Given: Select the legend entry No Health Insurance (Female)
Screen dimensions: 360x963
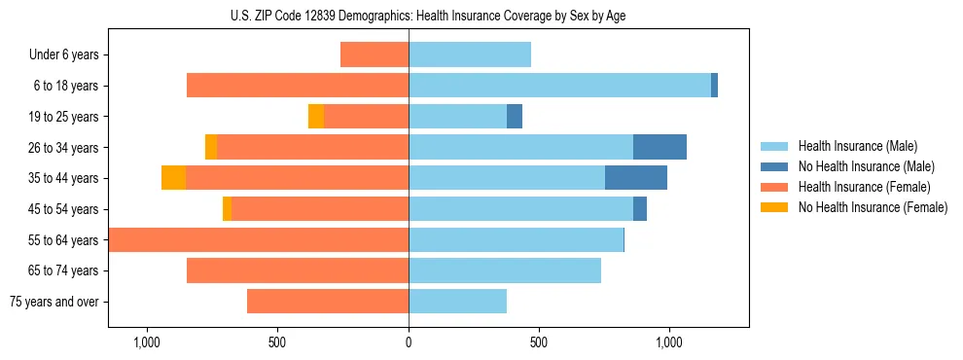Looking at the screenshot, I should tap(873, 207).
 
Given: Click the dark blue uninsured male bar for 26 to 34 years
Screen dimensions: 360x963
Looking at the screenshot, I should tap(660, 147).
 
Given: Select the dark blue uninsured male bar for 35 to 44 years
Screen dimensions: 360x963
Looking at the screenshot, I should tap(635, 178).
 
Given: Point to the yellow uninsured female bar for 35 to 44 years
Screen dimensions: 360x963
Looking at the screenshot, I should tap(173, 178).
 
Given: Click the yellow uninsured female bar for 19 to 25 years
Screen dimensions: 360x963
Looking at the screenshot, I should tap(316, 117).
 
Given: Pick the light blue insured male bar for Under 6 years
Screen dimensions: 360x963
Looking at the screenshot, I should tap(470, 55).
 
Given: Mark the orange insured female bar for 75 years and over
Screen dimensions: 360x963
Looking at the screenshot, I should tap(328, 302).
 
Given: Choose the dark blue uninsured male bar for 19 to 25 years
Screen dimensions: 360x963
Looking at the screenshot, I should tap(515, 117).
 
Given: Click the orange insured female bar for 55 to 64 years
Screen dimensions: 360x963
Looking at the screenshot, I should tap(259, 239).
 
